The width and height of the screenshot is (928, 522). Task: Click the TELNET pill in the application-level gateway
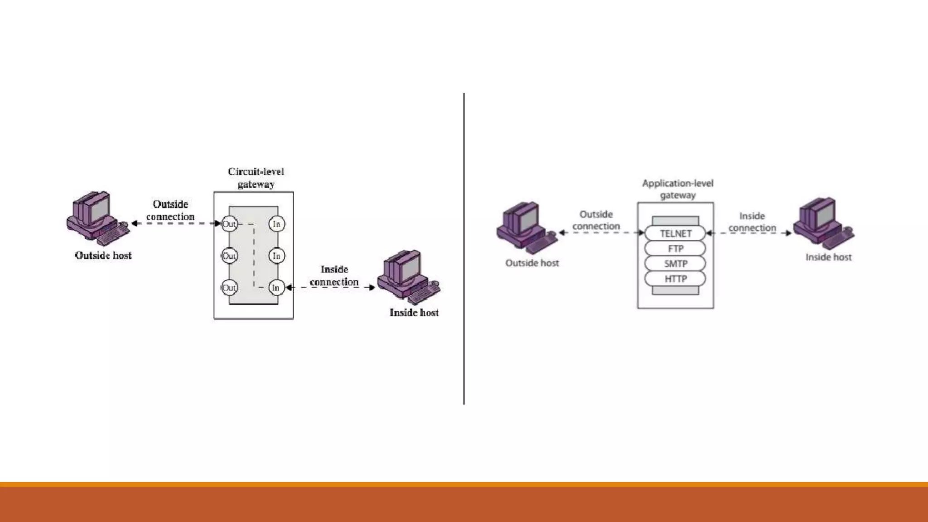675,233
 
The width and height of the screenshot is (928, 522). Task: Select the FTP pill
675,248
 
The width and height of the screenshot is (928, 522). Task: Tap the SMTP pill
675,263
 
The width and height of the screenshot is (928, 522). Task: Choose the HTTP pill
675,279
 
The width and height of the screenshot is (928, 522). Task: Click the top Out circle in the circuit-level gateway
229,224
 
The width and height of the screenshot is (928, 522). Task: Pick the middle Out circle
229,256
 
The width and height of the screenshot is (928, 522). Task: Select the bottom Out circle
229,288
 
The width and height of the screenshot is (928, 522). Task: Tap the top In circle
276,224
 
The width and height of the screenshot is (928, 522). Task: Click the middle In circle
276,256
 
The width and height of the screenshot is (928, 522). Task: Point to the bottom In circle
276,288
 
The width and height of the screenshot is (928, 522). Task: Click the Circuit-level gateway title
256,178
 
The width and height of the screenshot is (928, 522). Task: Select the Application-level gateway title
677,189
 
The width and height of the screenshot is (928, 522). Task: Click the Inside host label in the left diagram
414,313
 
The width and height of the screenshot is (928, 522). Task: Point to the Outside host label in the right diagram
532,263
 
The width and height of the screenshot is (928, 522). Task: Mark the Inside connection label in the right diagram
752,222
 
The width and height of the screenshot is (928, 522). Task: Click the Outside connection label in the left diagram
170,210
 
